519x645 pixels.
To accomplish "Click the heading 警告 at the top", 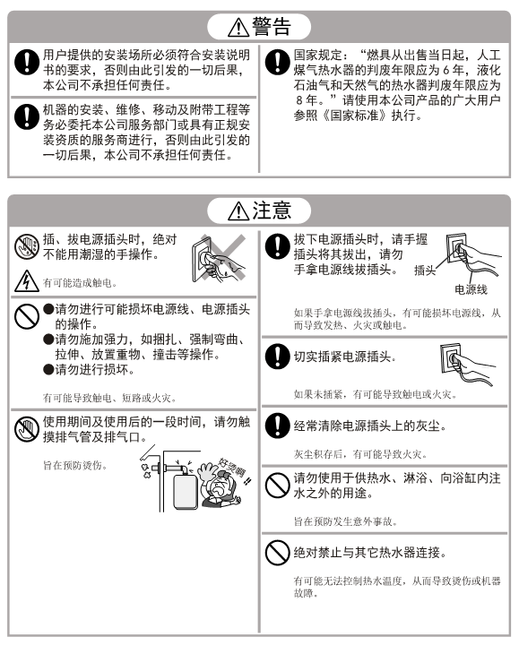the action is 272,26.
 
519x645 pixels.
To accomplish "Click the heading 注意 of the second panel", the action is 272,211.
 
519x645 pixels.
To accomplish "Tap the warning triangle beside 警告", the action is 238,28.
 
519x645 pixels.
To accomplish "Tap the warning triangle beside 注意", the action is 238,211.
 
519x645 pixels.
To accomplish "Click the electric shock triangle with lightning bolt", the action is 27,281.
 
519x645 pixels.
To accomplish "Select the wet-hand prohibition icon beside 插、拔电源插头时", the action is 27,246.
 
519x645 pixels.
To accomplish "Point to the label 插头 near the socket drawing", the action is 425,271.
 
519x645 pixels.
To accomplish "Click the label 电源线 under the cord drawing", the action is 471,289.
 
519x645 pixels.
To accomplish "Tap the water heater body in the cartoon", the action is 186,492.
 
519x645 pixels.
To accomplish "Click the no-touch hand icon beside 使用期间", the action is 27,428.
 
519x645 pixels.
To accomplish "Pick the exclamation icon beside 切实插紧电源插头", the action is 277,357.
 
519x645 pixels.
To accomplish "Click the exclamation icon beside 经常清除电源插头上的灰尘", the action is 277,426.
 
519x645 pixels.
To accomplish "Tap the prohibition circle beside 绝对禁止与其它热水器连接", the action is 277,552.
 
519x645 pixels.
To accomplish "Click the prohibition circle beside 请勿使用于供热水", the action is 277,485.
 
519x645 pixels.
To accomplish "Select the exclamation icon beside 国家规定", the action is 277,62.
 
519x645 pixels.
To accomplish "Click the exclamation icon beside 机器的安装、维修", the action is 27,116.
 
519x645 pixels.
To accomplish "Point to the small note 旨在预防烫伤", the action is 75,465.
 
